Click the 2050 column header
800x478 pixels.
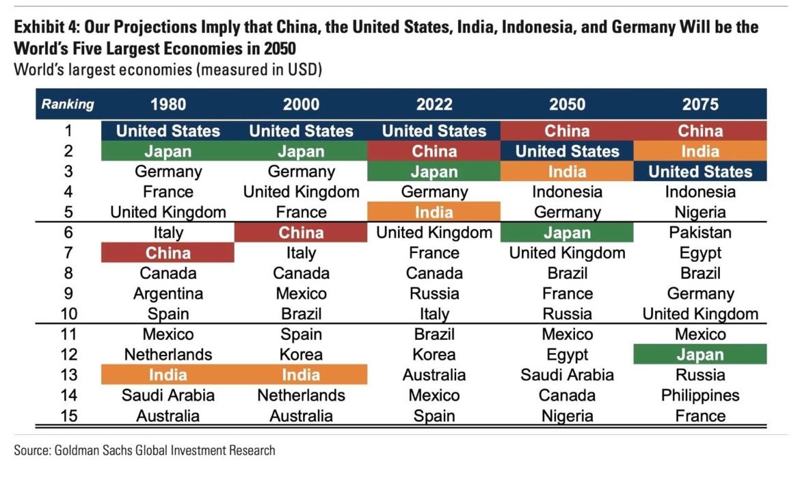567,105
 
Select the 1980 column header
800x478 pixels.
168,105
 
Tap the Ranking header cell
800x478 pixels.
68,105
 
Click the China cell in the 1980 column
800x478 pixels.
168,253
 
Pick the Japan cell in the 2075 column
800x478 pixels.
700,355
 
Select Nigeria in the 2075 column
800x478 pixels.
700,212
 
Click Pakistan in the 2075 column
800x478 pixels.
700,233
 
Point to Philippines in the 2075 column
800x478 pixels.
700,395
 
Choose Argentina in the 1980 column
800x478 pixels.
168,293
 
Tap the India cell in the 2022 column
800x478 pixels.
434,212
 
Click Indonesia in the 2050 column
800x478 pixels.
567,191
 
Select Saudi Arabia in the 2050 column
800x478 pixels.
567,375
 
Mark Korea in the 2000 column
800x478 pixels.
301,355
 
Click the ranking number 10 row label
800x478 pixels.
68,314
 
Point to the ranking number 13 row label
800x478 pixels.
68,375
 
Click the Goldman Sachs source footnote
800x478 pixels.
144,451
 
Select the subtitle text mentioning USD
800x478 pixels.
168,69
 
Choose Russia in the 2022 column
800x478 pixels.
434,293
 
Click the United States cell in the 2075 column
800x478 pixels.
700,172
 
